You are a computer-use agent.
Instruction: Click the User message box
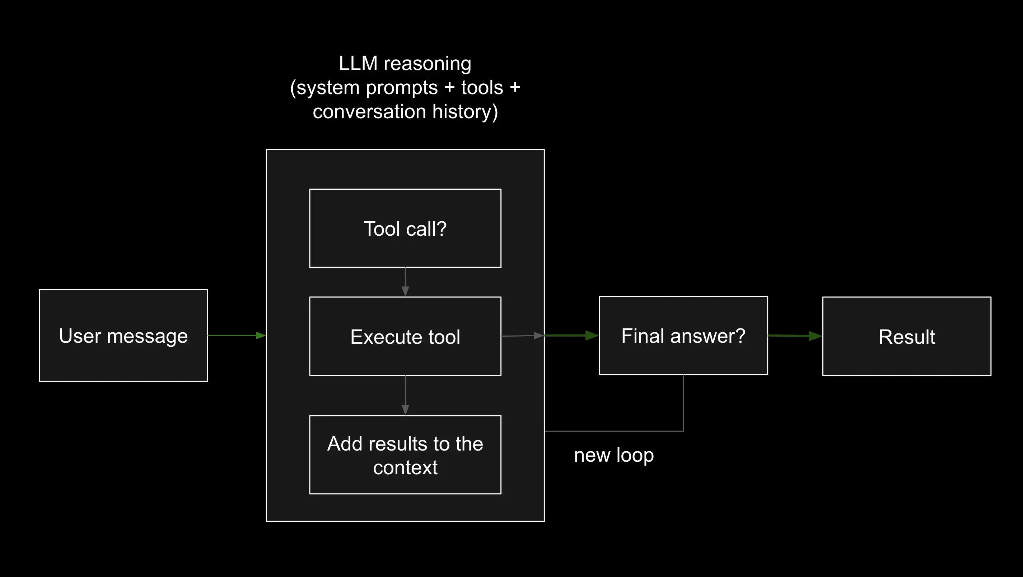[x=123, y=336]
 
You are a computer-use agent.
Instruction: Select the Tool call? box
[x=405, y=229]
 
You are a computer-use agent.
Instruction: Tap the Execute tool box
[x=405, y=336]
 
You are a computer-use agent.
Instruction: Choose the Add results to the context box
[x=405, y=454]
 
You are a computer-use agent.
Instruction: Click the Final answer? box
[x=683, y=336]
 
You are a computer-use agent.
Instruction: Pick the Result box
[x=907, y=336]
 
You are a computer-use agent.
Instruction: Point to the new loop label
[x=614, y=456]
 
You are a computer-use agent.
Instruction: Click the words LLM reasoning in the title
[x=405, y=64]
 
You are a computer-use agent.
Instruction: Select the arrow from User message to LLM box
[x=237, y=336]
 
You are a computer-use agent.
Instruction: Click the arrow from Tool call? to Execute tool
[x=405, y=282]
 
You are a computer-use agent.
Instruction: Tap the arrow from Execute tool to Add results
[x=405, y=396]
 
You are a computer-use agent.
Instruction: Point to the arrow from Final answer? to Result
[x=795, y=336]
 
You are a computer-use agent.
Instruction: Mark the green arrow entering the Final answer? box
[x=572, y=336]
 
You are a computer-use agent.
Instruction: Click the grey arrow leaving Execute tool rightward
[x=523, y=336]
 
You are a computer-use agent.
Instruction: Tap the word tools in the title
[x=482, y=87]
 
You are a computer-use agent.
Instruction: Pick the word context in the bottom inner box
[x=405, y=468]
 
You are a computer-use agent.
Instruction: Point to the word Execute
[x=380, y=337]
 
